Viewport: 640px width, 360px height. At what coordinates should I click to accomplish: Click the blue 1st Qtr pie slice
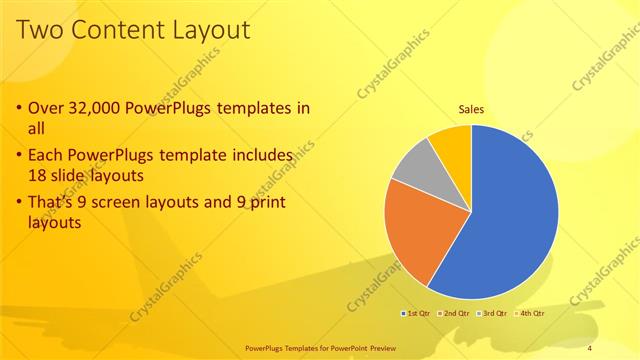pyautogui.click(x=510, y=220)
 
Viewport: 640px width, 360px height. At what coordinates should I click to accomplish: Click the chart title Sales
pyautogui.click(x=471, y=109)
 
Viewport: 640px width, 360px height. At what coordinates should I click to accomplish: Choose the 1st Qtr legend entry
pyautogui.click(x=415, y=314)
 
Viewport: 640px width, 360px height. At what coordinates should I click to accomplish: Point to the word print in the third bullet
pyautogui.click(x=265, y=202)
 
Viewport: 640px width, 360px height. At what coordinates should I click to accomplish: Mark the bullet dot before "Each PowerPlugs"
pyautogui.click(x=20, y=156)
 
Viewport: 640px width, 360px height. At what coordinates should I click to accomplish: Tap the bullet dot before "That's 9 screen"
pyautogui.click(x=20, y=203)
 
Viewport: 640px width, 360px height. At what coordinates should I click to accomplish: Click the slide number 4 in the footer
pyautogui.click(x=590, y=347)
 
